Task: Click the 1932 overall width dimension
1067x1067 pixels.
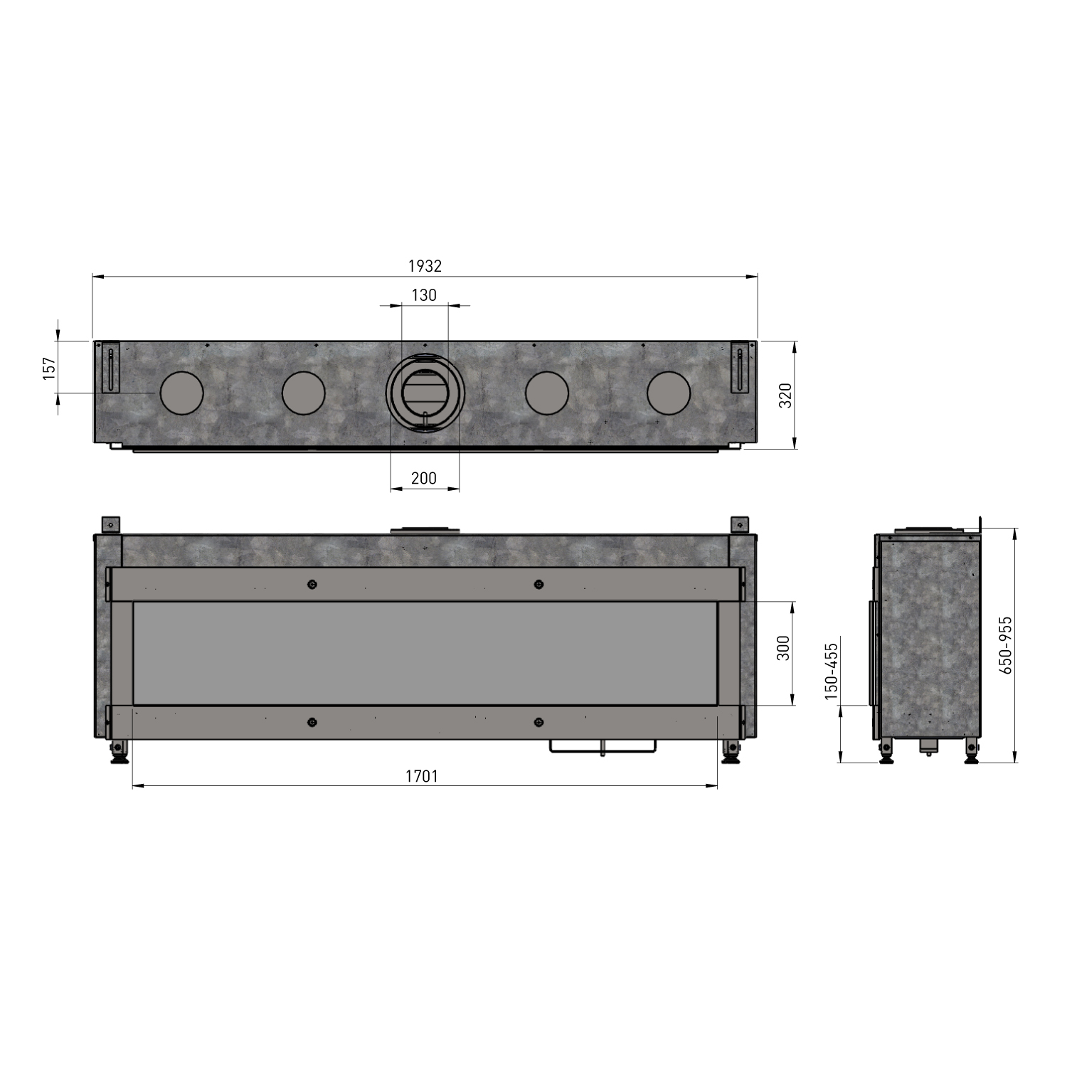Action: coord(425,266)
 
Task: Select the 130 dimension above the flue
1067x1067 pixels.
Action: coord(424,295)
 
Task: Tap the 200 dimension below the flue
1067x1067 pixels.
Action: coord(424,478)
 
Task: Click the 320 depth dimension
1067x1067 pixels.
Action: coord(785,395)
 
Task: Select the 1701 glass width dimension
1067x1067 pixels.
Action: coord(422,776)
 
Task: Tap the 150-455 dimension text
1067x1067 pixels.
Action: coord(832,671)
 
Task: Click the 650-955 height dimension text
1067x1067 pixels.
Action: coord(1005,644)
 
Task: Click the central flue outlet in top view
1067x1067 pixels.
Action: coord(425,393)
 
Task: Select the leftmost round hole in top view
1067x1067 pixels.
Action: coord(181,393)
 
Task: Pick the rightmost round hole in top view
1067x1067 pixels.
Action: coord(668,393)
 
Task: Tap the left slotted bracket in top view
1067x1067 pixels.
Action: coord(111,367)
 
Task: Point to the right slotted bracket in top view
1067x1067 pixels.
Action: coord(740,367)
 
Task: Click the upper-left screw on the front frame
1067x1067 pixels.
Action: coord(312,585)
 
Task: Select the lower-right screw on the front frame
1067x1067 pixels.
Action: coord(538,722)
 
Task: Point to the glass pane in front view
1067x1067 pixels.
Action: coord(425,653)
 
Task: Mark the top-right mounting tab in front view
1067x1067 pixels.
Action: coord(740,524)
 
